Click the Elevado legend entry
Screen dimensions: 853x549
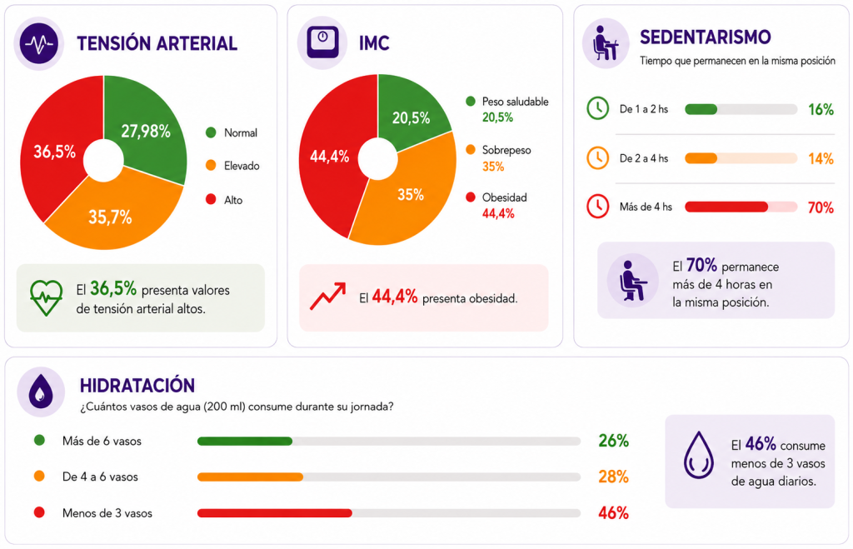pyautogui.click(x=232, y=166)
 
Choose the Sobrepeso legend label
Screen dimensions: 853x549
pyautogui.click(x=506, y=150)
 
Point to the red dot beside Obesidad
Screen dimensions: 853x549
pyautogui.click(x=471, y=197)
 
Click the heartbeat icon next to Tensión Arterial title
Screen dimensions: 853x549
pyautogui.click(x=38, y=43)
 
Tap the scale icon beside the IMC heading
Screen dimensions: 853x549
pyautogui.click(x=322, y=42)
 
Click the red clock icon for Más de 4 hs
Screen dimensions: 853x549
pyautogui.click(x=597, y=207)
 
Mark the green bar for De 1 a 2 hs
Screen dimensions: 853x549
pyautogui.click(x=701, y=109)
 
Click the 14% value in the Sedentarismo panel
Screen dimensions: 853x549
pyautogui.click(x=821, y=159)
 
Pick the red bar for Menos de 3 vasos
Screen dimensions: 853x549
pyautogui.click(x=275, y=513)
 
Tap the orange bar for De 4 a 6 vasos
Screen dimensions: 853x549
pyautogui.click(x=250, y=477)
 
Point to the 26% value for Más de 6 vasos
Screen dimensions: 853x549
pyautogui.click(x=614, y=441)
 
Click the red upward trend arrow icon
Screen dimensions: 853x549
pyautogui.click(x=327, y=296)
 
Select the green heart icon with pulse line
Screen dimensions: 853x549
pyautogui.click(x=47, y=297)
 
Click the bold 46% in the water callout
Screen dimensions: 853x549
pyautogui.click(x=761, y=444)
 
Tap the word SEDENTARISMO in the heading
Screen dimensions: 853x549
pyautogui.click(x=705, y=37)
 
